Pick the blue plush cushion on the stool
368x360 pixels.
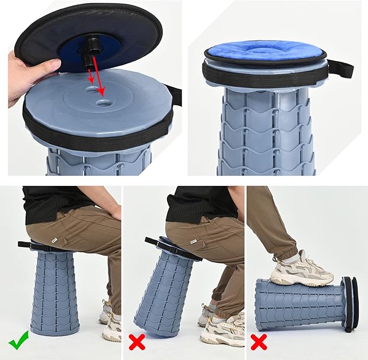coord(266,49)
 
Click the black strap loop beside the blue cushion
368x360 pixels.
coord(340,68)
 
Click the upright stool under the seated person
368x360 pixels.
coord(55,293)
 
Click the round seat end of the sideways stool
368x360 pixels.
coord(349,304)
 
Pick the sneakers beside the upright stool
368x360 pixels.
coord(111,323)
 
